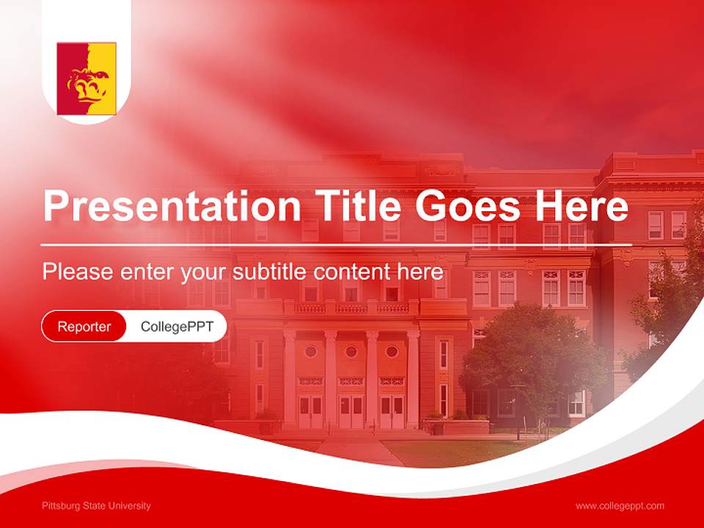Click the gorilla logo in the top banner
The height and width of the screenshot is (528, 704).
87,78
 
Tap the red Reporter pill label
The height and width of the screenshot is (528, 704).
84,326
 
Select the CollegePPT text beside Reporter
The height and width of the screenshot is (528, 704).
177,326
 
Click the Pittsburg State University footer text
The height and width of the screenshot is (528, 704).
96,506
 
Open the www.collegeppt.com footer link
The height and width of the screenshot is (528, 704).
620,506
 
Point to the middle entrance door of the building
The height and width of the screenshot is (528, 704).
351,411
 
